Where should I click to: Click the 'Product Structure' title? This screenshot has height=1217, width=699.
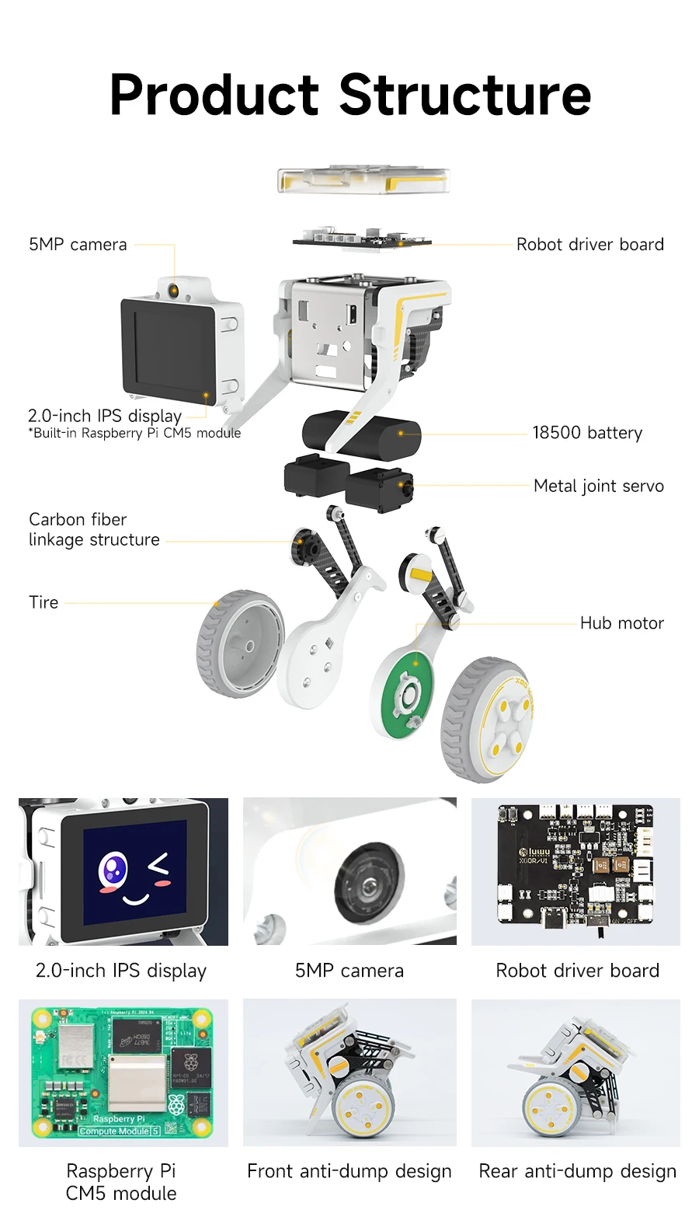click(350, 95)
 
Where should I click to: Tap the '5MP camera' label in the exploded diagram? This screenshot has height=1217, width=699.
click(78, 245)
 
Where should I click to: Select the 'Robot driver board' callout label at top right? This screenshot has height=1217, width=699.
click(589, 245)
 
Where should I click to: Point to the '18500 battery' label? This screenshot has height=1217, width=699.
click(587, 433)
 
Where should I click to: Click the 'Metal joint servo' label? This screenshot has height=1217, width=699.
click(599, 486)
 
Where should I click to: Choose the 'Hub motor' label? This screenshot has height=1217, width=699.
click(621, 623)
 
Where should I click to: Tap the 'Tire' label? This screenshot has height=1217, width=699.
click(43, 602)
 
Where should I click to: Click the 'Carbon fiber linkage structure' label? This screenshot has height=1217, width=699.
click(94, 529)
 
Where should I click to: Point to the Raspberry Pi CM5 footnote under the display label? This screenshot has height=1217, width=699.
click(134, 434)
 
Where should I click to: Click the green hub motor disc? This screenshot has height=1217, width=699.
click(402, 692)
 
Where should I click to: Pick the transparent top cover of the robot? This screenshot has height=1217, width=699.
click(363, 180)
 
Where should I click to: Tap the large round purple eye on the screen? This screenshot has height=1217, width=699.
click(113, 870)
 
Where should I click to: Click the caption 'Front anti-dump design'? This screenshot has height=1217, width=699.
click(349, 1171)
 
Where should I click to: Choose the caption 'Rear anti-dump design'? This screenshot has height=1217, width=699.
click(577, 1171)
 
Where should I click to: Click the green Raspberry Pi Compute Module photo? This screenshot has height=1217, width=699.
click(123, 1072)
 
